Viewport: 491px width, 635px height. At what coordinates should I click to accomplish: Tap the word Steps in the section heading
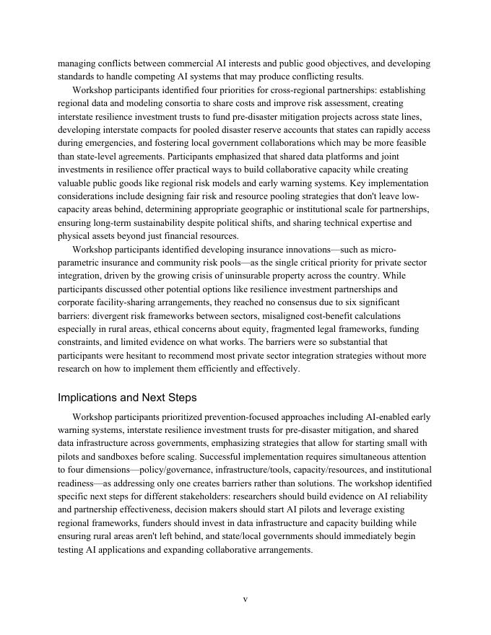(x=183, y=398)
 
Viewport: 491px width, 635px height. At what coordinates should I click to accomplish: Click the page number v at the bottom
(x=245, y=599)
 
